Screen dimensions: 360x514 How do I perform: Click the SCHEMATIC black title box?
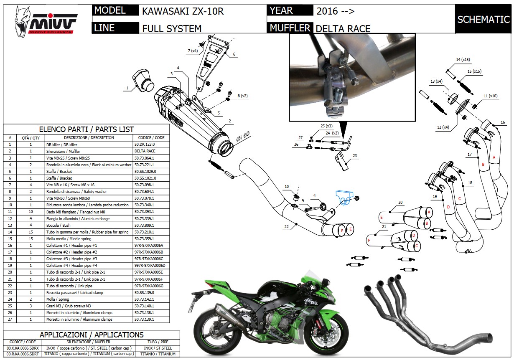(x=483, y=19)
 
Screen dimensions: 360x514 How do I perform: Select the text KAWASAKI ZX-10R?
(x=183, y=11)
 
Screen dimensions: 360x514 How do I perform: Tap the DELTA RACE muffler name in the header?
(x=343, y=28)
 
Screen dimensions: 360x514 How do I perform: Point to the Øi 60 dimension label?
(x=241, y=137)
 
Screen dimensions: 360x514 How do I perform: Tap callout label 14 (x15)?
(x=463, y=60)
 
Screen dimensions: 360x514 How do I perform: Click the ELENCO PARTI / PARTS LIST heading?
(x=86, y=129)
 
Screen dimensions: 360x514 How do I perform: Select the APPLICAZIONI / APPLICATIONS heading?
(x=92, y=335)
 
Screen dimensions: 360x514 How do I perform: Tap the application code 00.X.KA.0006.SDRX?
(x=23, y=348)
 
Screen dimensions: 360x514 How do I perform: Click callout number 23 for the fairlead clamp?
(x=355, y=156)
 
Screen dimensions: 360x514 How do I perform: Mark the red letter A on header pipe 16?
(x=494, y=157)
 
